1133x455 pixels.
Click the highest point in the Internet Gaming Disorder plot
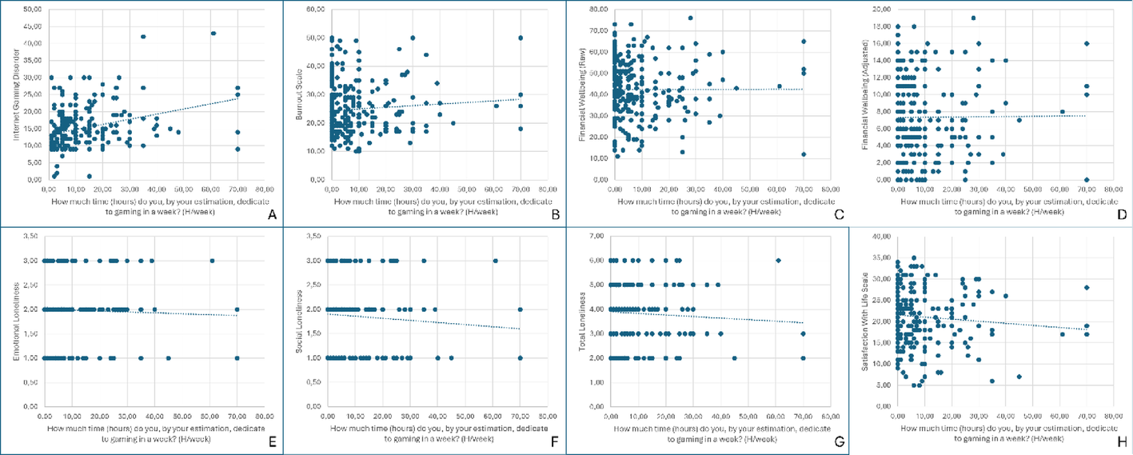[x=213, y=34]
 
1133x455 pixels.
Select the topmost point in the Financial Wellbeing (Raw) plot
[x=690, y=18]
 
